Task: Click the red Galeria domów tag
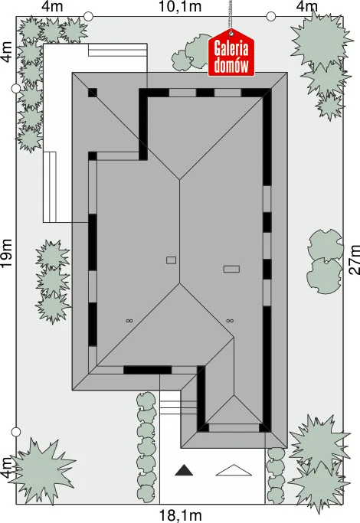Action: [x=231, y=53]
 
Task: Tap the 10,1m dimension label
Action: [x=180, y=6]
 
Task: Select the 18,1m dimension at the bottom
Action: [x=180, y=515]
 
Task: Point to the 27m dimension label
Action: [x=354, y=260]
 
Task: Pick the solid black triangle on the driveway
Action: [x=184, y=470]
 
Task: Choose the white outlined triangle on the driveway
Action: [x=234, y=470]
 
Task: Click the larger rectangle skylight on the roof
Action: [x=231, y=269]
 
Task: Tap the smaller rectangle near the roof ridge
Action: [x=171, y=260]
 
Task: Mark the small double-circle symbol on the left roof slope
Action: [x=129, y=321]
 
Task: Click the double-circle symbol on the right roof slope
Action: [x=230, y=321]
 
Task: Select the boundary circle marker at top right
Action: [x=271, y=16]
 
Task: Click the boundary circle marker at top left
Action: [x=88, y=16]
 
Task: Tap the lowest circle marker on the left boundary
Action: [x=16, y=432]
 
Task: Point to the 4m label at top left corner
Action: [x=52, y=6]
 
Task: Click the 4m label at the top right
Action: [x=307, y=6]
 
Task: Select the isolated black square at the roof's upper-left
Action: [x=93, y=93]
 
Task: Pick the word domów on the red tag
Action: [x=231, y=65]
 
